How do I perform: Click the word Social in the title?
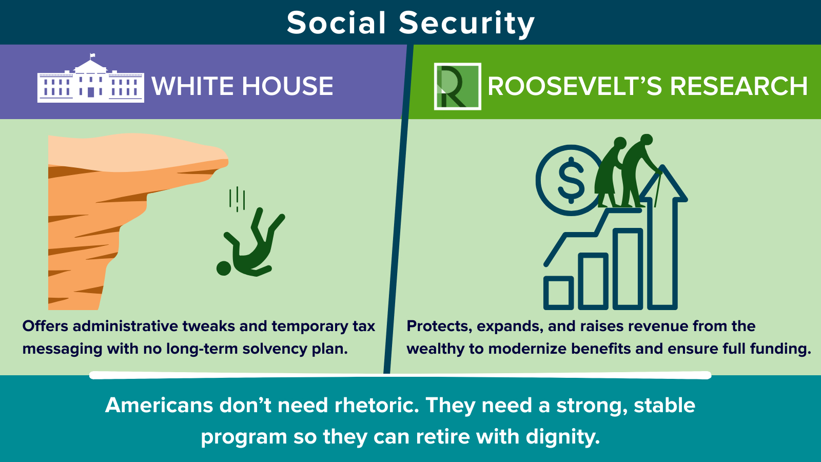click(x=336, y=23)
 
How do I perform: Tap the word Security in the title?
click(x=467, y=24)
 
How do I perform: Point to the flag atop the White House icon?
click(x=92, y=56)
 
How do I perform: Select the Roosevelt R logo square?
click(x=457, y=86)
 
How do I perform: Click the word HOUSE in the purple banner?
click(x=287, y=86)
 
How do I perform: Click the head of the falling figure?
click(x=224, y=268)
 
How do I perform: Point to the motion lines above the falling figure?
click(x=237, y=199)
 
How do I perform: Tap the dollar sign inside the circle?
click(x=571, y=180)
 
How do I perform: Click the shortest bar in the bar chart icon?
click(x=558, y=293)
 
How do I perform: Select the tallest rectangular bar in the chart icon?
click(x=628, y=269)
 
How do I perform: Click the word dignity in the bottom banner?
click(x=562, y=437)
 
